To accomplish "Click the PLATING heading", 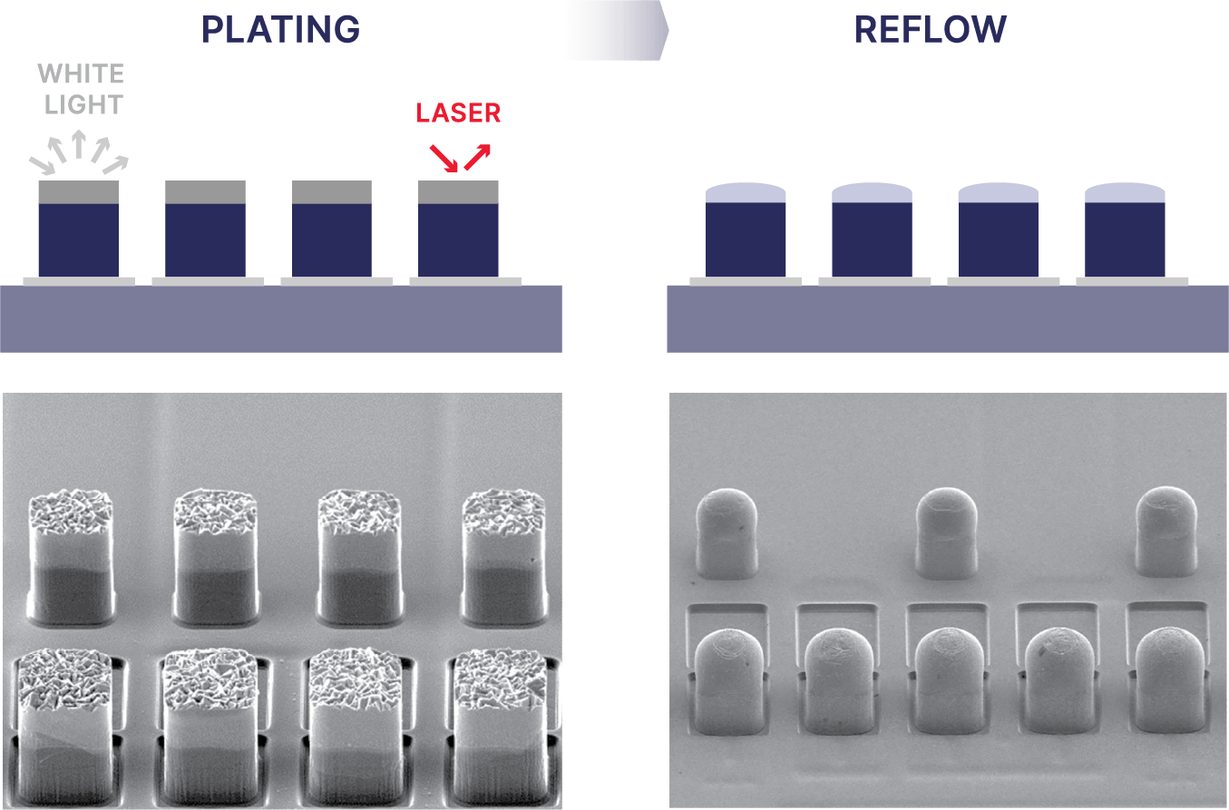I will coord(280,30).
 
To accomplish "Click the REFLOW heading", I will coord(930,30).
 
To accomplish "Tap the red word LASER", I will coord(458,114).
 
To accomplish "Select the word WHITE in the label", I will coord(82,73).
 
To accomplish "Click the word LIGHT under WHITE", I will coord(83,105).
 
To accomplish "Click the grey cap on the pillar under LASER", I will coord(458,192).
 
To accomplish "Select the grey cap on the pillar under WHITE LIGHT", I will coord(78,192).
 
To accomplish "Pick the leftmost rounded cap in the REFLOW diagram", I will coord(746,192).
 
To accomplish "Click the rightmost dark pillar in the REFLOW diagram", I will coord(1125,239).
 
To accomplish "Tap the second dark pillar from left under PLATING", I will coord(205,239).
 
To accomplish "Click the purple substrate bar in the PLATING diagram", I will coord(280,318).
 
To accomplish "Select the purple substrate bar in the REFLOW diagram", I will coord(947,318).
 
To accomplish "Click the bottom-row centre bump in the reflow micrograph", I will coord(945,680).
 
